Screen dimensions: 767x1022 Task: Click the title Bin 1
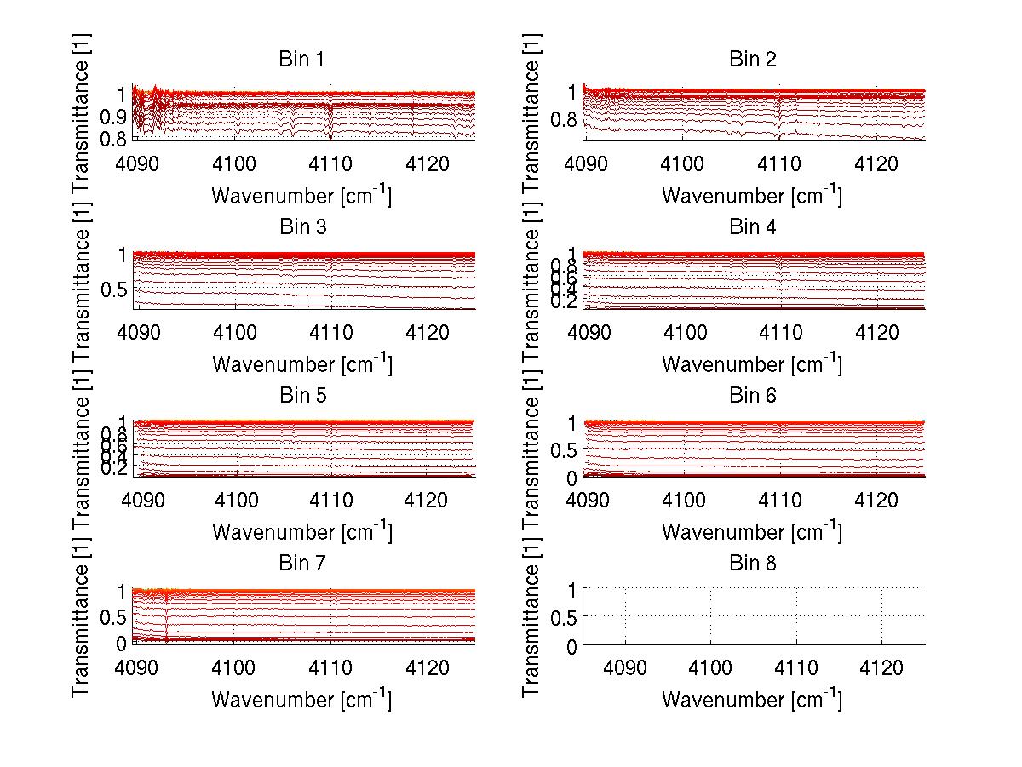click(301, 60)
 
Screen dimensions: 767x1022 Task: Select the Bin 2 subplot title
click(753, 60)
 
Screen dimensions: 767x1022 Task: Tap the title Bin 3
click(301, 227)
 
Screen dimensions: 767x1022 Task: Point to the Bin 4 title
click(753, 227)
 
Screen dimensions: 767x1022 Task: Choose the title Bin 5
click(301, 396)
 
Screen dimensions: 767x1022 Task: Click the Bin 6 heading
click(753, 396)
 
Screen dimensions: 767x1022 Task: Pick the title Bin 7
click(301, 564)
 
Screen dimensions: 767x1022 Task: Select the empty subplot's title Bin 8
click(753, 564)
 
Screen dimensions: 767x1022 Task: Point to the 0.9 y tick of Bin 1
click(115, 116)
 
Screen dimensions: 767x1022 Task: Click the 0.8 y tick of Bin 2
click(566, 119)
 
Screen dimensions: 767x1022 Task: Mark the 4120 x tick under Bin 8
click(881, 667)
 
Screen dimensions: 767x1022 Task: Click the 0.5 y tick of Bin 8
click(566, 616)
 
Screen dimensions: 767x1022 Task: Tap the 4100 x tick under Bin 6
click(683, 499)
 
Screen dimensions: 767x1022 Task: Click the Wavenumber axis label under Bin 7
click(301, 700)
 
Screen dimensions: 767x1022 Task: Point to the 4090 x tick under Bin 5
click(141, 499)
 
